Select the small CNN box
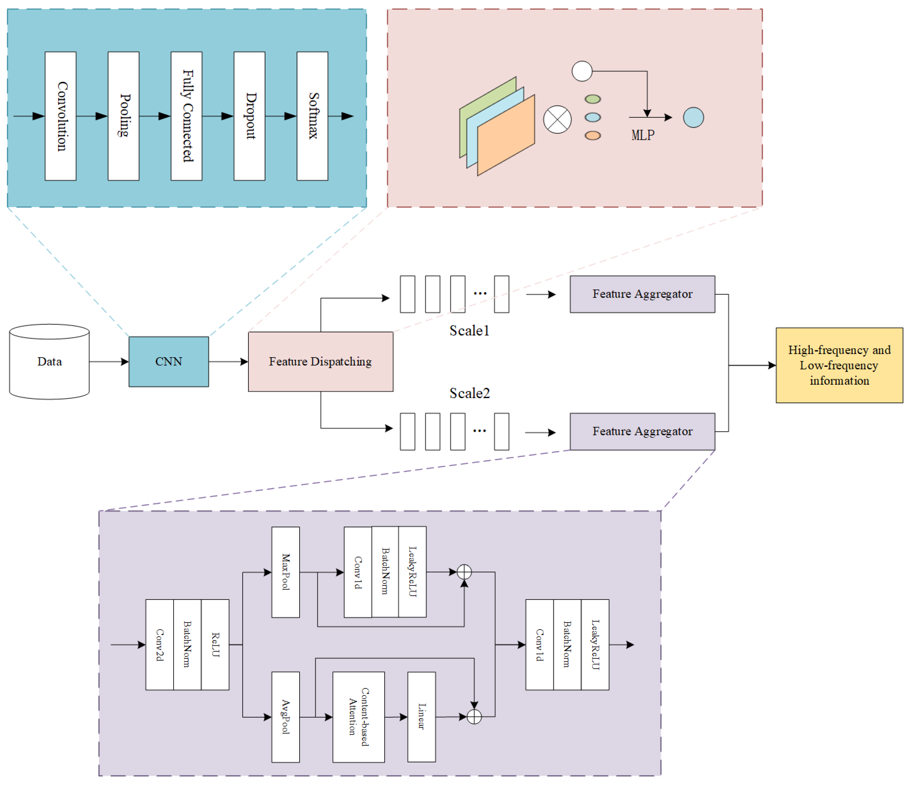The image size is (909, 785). [x=169, y=362]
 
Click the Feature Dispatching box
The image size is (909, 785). [x=320, y=362]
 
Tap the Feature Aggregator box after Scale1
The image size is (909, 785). [x=642, y=294]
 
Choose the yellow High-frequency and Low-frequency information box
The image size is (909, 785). [x=839, y=365]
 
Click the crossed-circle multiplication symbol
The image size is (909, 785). [x=557, y=119]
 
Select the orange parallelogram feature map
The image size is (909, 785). [x=506, y=135]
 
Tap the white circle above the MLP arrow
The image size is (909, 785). [x=582, y=71]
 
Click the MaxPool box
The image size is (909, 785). [x=286, y=572]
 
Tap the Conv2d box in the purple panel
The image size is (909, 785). [x=160, y=645]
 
